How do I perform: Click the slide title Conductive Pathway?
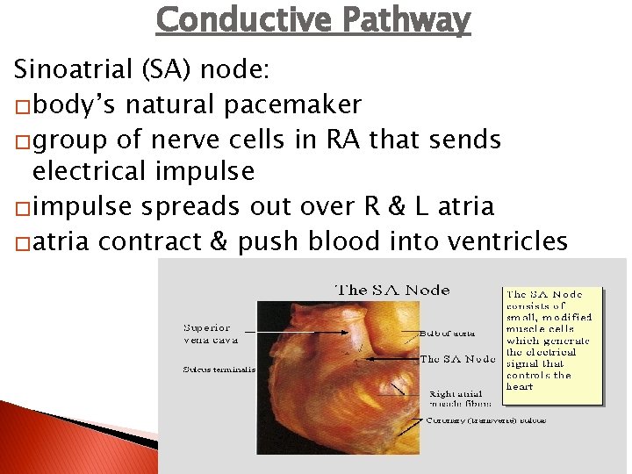coord(312,19)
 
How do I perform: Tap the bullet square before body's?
coord(20,106)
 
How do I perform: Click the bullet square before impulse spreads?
coord(20,208)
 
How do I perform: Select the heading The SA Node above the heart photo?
coord(393,290)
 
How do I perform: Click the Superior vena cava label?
coord(208,334)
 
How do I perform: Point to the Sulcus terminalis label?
coord(219,370)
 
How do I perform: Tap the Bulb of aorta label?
coord(448,333)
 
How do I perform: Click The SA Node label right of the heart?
coord(458,359)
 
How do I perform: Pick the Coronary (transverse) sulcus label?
coord(485,420)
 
